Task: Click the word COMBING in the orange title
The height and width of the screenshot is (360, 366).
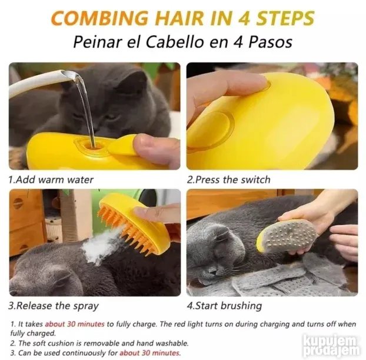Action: click(x=99, y=18)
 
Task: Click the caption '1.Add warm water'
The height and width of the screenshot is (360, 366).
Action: click(x=51, y=180)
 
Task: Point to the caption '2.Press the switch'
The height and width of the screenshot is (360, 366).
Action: click(x=229, y=180)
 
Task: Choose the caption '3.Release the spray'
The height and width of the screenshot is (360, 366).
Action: click(x=54, y=306)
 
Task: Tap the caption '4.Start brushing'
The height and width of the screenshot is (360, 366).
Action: click(x=224, y=306)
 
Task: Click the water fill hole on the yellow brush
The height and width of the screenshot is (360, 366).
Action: click(x=92, y=146)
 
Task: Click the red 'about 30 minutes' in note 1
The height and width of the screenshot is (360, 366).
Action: click(x=75, y=324)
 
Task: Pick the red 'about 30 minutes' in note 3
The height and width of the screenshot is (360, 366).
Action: click(x=150, y=352)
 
